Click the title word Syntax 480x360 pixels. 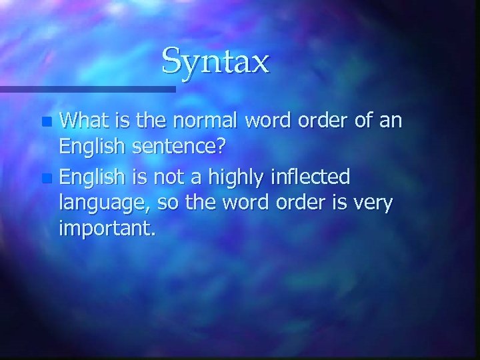(215, 61)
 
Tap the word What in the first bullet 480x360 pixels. (83, 121)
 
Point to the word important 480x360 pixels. (107, 229)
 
